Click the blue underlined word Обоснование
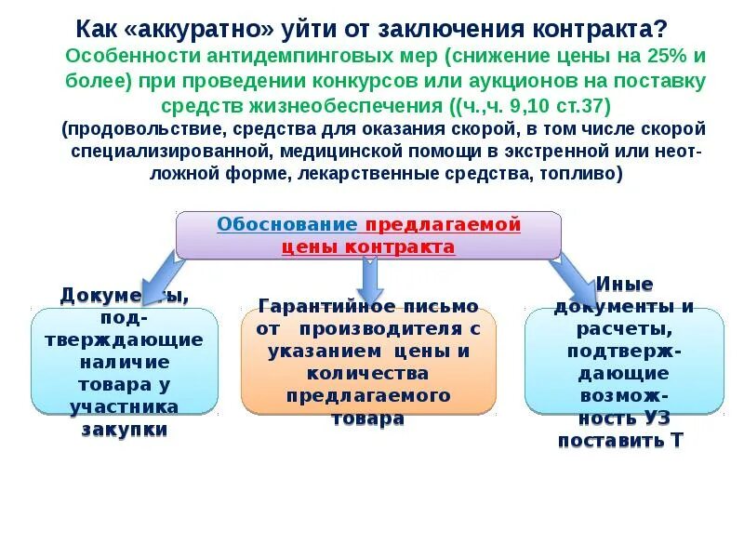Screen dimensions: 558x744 tap(286, 224)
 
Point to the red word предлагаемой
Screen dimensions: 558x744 tap(443, 224)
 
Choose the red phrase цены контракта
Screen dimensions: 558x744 tap(368, 246)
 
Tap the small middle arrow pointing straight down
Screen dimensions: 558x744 tap(370, 273)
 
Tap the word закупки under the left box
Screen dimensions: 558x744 tap(125, 429)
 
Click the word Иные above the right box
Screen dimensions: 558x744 tap(624, 284)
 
